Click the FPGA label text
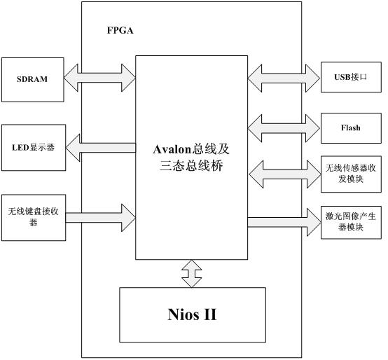(x=120, y=30)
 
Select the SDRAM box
(x=33, y=80)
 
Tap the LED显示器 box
(x=34, y=148)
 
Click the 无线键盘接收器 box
(x=34, y=218)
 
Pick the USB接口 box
(x=351, y=77)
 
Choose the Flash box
(x=351, y=128)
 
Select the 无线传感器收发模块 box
(x=351, y=174)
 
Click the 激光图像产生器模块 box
(x=351, y=223)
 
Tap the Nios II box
(x=193, y=314)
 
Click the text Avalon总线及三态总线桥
(x=191, y=158)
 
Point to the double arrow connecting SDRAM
(x=99, y=78)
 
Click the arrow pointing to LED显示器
(x=101, y=148)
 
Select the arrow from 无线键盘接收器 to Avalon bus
(x=101, y=218)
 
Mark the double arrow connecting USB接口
(x=284, y=78)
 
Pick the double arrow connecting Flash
(x=284, y=128)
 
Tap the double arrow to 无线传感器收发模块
(x=285, y=174)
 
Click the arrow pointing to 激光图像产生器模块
(x=284, y=222)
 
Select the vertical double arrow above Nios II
(x=192, y=273)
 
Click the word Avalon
(x=172, y=149)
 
